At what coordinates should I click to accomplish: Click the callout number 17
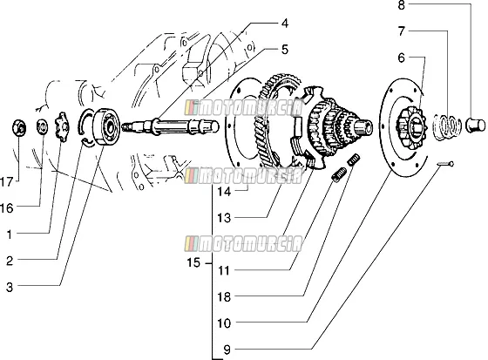click(7, 182)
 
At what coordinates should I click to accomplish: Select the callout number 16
click(7, 208)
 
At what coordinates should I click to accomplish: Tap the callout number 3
click(10, 287)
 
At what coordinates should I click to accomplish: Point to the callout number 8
click(402, 5)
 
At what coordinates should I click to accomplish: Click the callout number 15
click(193, 263)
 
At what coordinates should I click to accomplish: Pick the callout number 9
click(227, 350)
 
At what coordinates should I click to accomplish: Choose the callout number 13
click(224, 218)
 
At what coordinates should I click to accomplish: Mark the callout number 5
click(285, 50)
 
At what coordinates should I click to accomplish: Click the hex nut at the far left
click(19, 128)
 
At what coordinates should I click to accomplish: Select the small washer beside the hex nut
click(43, 126)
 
